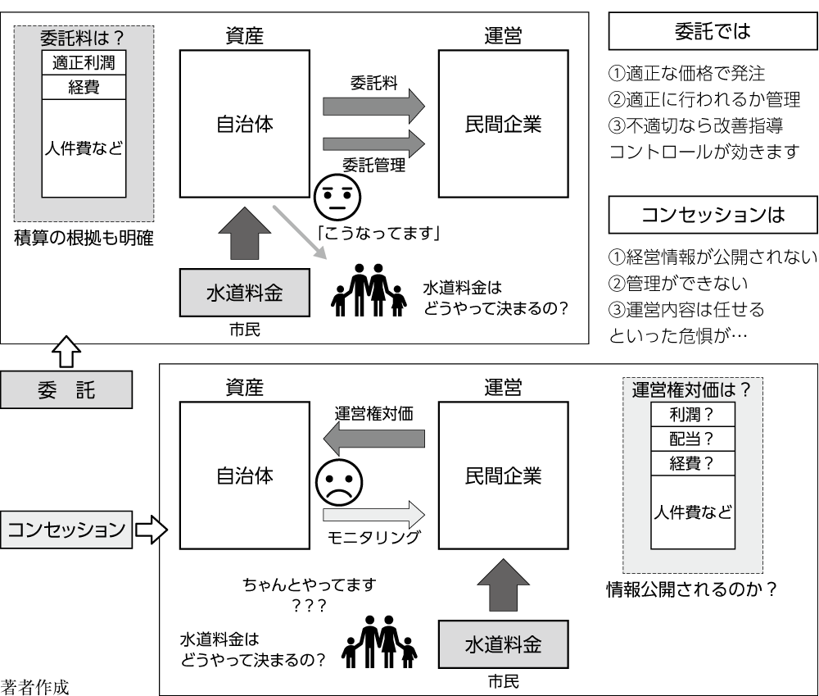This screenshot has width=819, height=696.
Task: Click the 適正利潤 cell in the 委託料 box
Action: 84,61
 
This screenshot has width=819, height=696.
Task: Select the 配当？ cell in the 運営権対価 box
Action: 692,439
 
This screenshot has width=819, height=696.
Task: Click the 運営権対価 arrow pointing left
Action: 374,439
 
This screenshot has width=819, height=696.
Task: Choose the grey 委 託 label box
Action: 66,389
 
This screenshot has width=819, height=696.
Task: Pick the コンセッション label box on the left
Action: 66,529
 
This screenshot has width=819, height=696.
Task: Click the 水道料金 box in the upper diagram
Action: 244,293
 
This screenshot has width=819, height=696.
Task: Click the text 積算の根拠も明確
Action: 84,239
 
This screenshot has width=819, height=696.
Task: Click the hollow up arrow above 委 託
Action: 66,352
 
